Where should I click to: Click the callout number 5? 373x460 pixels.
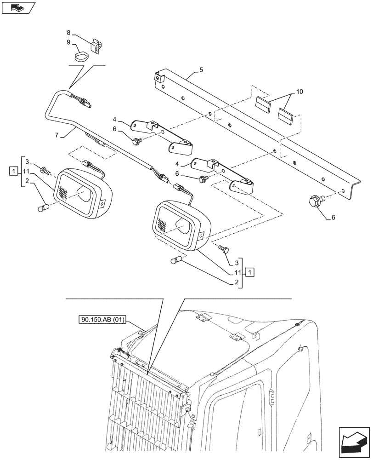(201, 70)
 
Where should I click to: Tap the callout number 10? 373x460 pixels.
(300, 92)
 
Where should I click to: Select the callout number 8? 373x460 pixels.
(69, 33)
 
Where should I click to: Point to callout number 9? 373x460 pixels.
(69, 42)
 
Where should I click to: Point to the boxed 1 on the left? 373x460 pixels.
(14, 172)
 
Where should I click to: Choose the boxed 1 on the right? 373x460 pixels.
(249, 271)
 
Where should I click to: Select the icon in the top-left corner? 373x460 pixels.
(18, 7)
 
